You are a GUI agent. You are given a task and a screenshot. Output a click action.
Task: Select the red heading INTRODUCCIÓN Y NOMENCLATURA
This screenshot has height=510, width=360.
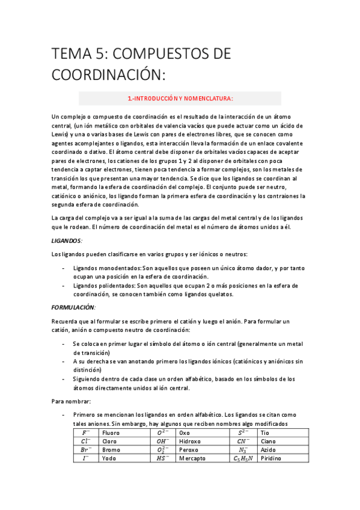pyautogui.click(x=180, y=98)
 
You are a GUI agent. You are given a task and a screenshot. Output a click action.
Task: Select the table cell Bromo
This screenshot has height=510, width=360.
pyautogui.click(x=112, y=449)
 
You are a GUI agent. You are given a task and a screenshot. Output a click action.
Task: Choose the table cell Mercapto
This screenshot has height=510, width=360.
pyautogui.click(x=192, y=458)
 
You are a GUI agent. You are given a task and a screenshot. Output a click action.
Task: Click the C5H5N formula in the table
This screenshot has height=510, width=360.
pyautogui.click(x=243, y=458)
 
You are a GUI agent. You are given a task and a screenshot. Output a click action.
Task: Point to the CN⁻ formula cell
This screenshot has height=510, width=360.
pyautogui.click(x=243, y=441)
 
